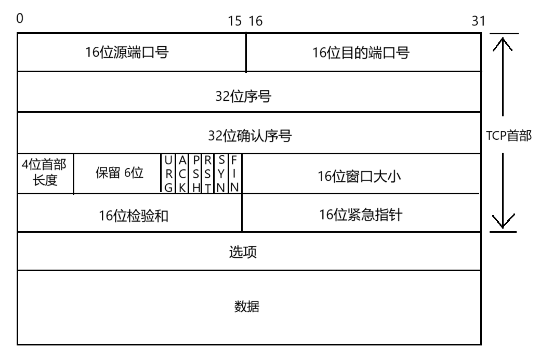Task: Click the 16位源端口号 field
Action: (127, 52)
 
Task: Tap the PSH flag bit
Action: (196, 174)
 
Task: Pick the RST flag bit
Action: (208, 174)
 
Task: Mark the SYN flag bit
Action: (221, 174)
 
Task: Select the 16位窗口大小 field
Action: (361, 177)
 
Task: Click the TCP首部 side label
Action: (508, 136)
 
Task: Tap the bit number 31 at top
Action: (478, 21)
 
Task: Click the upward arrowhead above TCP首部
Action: (503, 43)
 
